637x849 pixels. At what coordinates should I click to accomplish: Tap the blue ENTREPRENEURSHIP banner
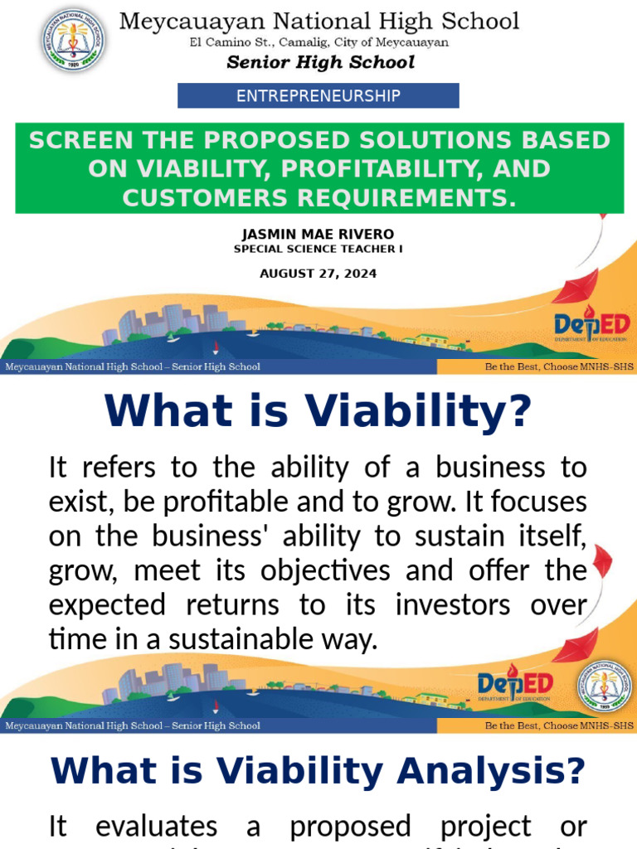pos(318,96)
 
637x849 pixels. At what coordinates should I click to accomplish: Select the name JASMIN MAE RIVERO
pos(318,234)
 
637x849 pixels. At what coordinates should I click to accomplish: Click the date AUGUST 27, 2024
pos(318,274)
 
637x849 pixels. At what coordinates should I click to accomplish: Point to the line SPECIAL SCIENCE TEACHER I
pos(318,249)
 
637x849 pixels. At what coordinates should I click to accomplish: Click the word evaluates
pos(157,827)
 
